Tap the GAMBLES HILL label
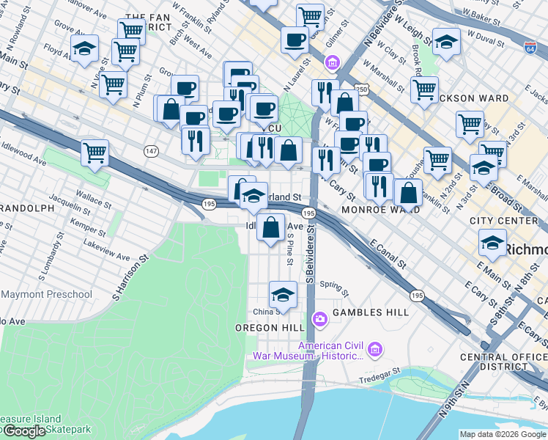371,312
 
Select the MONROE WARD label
381,210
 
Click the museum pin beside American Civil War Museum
375,351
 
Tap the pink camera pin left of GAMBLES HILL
319,318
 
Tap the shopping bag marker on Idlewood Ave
271,227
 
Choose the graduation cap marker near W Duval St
446,42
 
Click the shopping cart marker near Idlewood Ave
95,153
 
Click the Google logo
23,431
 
